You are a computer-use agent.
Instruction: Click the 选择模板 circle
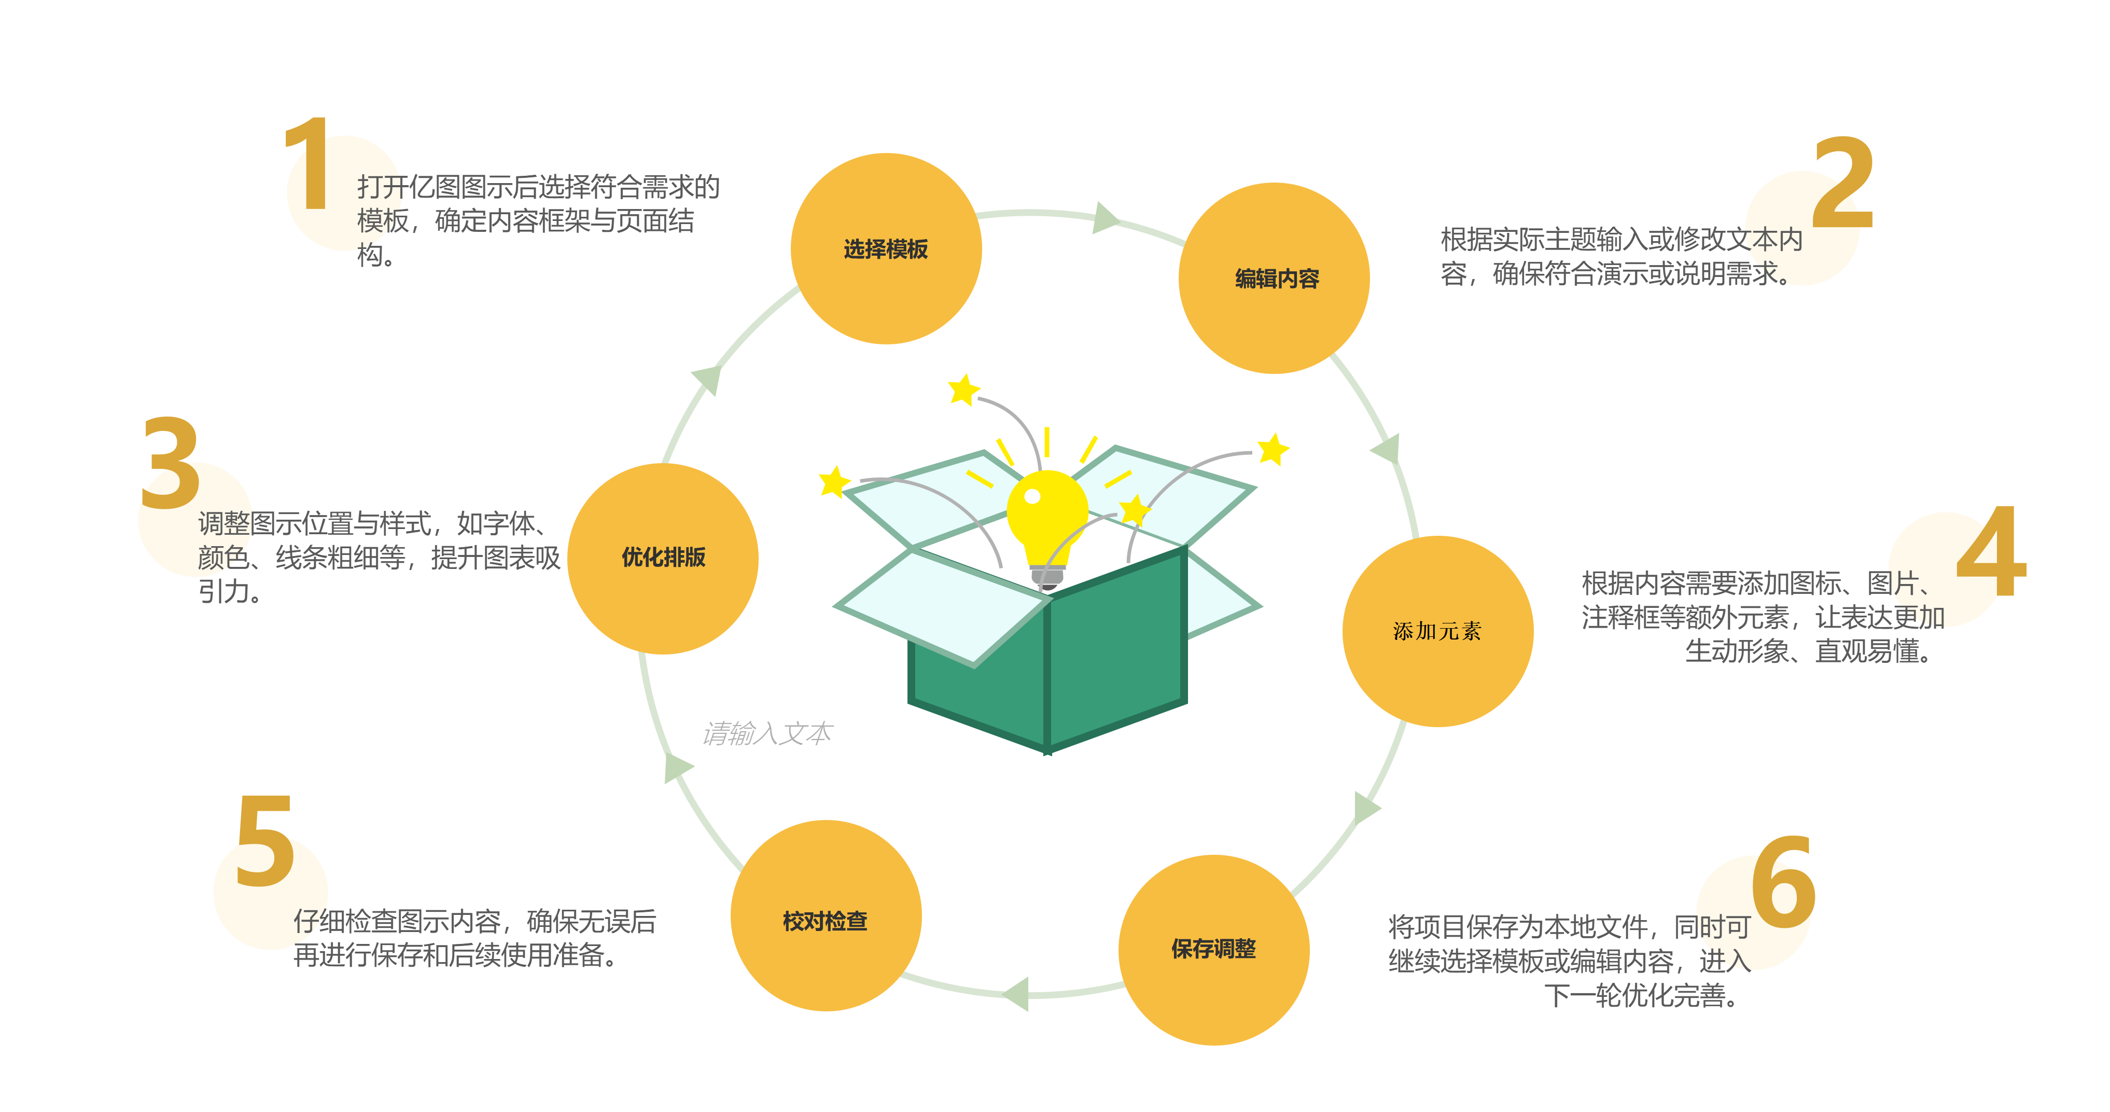[x=886, y=248]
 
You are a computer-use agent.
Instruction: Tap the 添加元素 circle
[x=1437, y=631]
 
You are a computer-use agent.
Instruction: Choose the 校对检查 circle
[x=826, y=915]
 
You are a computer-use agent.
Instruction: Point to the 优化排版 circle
[x=663, y=558]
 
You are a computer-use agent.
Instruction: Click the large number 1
[x=309, y=164]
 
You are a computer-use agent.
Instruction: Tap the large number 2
[x=1843, y=184]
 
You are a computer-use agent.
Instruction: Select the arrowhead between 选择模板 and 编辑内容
[x=1106, y=218]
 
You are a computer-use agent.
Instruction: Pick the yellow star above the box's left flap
[x=964, y=390]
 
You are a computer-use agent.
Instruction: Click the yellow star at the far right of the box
[x=1273, y=449]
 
